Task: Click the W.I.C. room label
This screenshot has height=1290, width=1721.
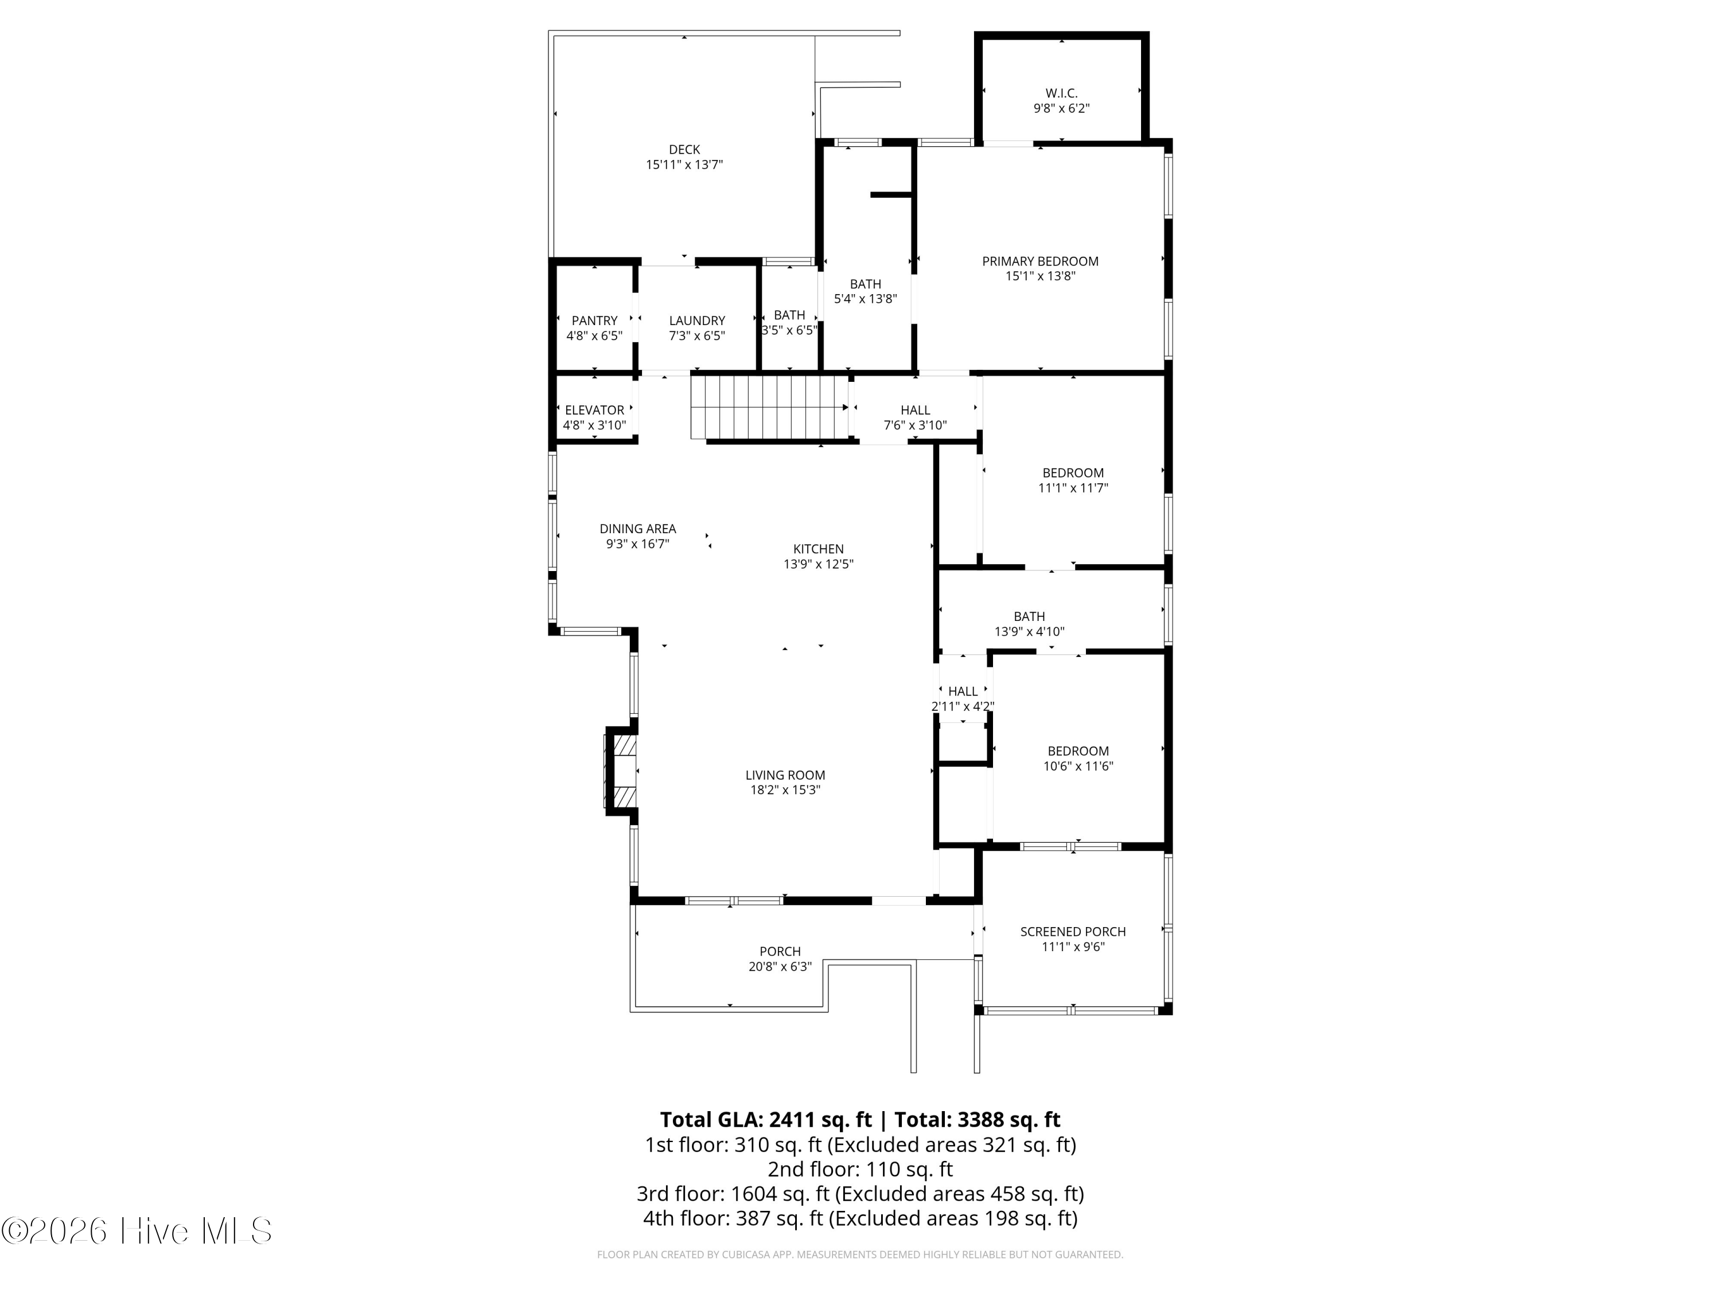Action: [x=1061, y=93]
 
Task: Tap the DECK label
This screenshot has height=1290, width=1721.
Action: [x=684, y=149]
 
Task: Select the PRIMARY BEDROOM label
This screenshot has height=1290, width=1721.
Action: [x=1040, y=261]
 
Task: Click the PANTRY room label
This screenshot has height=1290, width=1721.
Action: [x=594, y=320]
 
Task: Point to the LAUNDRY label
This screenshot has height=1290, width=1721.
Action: [x=697, y=320]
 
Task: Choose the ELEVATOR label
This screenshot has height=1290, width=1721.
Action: [x=594, y=410]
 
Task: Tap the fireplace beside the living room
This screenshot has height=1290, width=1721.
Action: [x=622, y=771]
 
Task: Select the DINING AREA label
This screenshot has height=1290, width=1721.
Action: [x=638, y=529]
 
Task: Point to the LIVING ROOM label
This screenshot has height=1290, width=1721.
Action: [x=785, y=775]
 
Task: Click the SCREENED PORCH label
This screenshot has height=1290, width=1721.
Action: [x=1073, y=932]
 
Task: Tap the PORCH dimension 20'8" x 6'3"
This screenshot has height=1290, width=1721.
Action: [x=780, y=967]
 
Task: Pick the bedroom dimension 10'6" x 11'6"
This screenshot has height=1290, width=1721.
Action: [x=1078, y=766]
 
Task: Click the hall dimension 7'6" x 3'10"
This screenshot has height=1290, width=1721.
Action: [x=915, y=425]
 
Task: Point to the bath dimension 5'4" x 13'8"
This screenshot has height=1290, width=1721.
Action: [x=865, y=299]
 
